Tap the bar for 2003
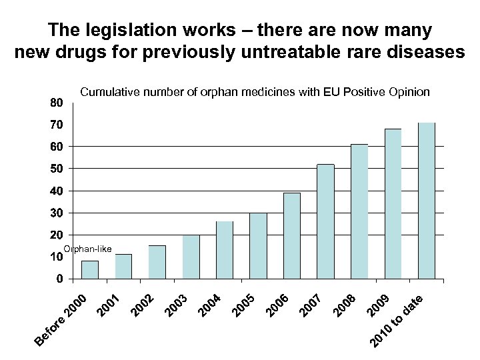click(x=191, y=256)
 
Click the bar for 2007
click(x=325, y=221)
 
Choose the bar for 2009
click(x=393, y=203)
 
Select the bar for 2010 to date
click(x=427, y=200)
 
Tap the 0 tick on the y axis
click(x=59, y=279)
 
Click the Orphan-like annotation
click(x=87, y=249)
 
